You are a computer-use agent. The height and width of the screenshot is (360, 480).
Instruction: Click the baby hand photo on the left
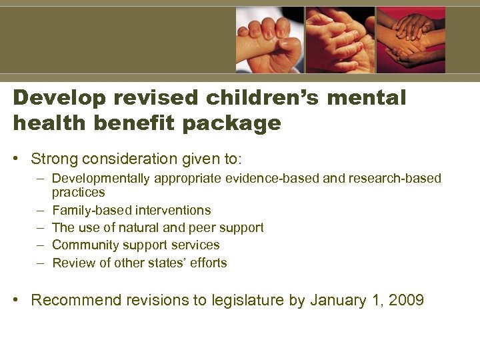tap(269, 40)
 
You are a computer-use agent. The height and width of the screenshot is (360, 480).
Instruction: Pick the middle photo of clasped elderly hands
tap(341, 40)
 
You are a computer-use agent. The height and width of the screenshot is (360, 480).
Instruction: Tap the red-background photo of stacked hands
tap(411, 40)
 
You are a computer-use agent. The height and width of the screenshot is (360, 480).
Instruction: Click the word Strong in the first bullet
tap(54, 160)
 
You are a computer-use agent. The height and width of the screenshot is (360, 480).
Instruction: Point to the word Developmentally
tap(101, 179)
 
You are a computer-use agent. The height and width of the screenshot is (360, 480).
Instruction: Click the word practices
tap(78, 193)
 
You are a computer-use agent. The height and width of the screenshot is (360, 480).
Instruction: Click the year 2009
tap(406, 301)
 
